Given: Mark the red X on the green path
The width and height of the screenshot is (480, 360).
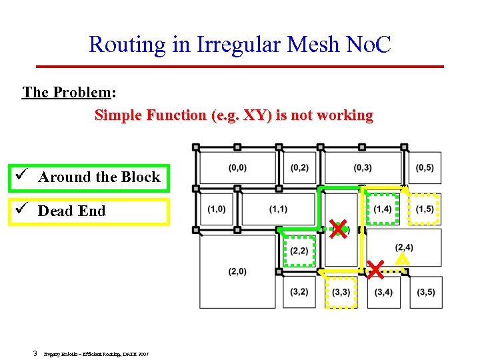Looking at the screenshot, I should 339,229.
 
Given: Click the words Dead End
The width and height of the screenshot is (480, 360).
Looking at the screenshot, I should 72,211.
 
